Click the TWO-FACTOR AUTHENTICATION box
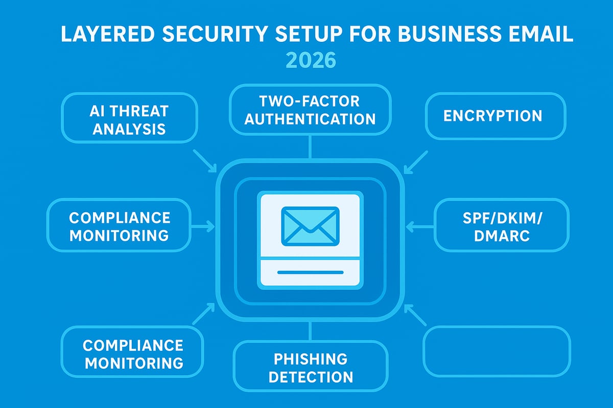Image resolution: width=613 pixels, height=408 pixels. tap(310, 110)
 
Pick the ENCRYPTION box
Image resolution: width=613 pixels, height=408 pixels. tap(496, 116)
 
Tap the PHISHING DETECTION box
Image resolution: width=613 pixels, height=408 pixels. tap(310, 368)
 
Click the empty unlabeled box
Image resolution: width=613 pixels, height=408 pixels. tap(497, 351)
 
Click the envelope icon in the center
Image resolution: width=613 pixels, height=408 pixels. tap(310, 225)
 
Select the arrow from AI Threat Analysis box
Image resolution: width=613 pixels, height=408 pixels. tap(205, 161)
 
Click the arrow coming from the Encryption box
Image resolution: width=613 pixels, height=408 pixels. tap(415, 161)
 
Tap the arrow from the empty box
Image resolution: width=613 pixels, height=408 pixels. tap(415, 315)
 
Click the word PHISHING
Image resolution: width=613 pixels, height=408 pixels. tap(310, 359)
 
